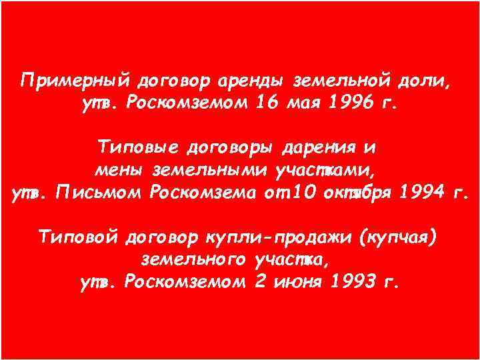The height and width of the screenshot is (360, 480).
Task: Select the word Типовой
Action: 78,237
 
